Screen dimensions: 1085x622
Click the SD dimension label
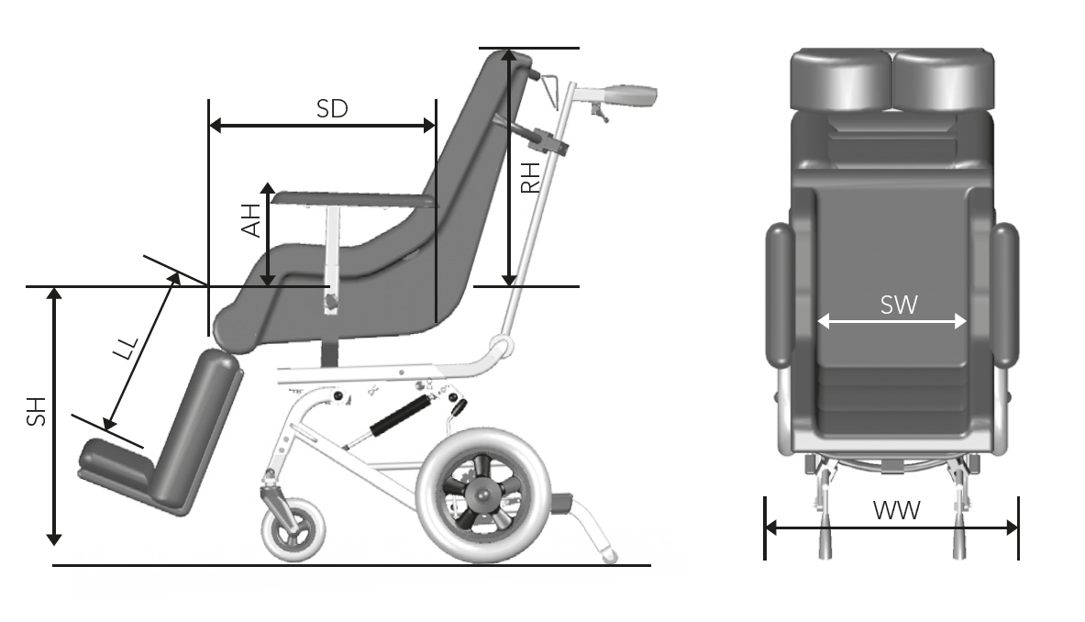pyautogui.click(x=332, y=108)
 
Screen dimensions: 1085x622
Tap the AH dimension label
pyautogui.click(x=251, y=221)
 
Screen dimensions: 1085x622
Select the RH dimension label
pyautogui.click(x=529, y=178)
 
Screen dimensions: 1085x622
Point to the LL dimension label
pyautogui.click(x=127, y=349)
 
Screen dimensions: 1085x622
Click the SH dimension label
pyautogui.click(x=36, y=412)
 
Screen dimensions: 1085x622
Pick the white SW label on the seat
pyautogui.click(x=899, y=305)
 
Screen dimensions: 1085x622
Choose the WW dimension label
pyautogui.click(x=896, y=511)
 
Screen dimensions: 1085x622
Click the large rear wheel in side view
pyautogui.click(x=484, y=494)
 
